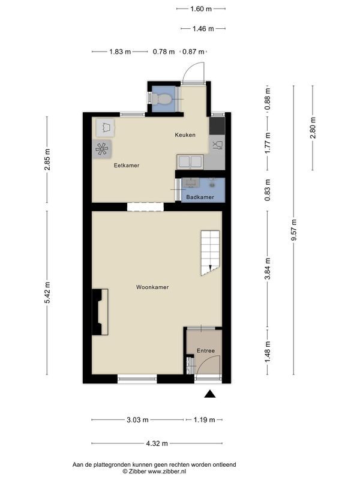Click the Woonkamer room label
click(x=152, y=287)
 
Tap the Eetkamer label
click(x=127, y=166)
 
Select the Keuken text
click(x=185, y=134)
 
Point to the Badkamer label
click(x=200, y=197)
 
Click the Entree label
click(x=205, y=350)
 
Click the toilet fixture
click(x=161, y=99)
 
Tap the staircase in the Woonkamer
click(x=210, y=253)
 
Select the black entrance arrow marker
click(x=209, y=394)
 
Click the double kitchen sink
click(x=190, y=161)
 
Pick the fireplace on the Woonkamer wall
click(x=100, y=311)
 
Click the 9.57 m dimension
click(x=294, y=230)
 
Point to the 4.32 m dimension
click(x=157, y=443)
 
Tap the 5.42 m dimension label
click(x=47, y=293)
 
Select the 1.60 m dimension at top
click(x=201, y=9)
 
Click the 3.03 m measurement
click(x=137, y=419)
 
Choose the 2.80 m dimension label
click(x=313, y=128)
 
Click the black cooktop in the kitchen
click(x=217, y=125)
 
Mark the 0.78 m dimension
click(x=164, y=52)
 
